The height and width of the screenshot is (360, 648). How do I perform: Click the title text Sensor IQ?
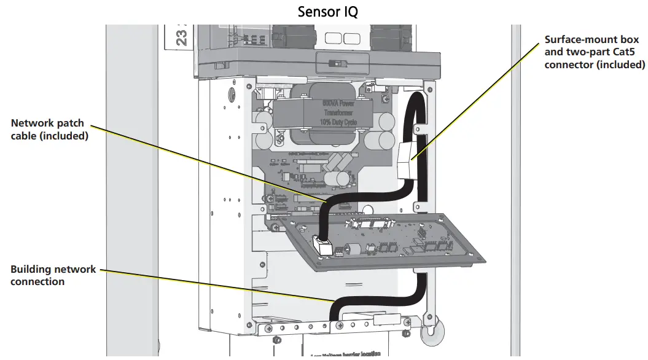327,12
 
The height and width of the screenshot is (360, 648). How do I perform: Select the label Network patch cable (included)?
50,130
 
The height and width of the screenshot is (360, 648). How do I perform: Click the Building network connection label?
53,275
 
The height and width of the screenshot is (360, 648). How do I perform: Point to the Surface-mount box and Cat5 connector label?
595,52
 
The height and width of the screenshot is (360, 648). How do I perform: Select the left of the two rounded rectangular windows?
331,39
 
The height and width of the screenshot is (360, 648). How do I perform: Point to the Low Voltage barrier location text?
345,354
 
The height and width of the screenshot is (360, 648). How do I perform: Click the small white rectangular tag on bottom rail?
388,320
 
